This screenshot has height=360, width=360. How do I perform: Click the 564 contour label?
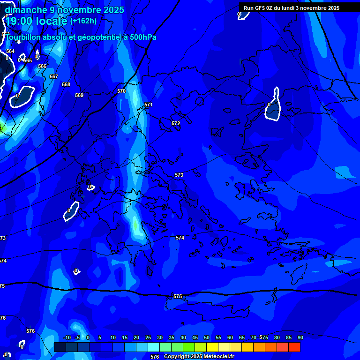point(10,51)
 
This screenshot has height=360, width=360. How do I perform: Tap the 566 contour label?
point(42,66)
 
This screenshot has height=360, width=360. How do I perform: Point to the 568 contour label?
point(66,84)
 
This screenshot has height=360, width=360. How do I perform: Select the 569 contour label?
point(79,95)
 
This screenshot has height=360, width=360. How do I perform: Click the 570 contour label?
point(121,91)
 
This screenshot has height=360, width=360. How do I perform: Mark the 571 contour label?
point(149,105)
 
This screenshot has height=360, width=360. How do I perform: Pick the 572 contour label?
point(176,123)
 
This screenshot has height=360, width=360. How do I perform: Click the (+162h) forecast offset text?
point(83,21)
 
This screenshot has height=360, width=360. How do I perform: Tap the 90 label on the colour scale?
point(300,337)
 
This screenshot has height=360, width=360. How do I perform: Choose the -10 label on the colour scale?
point(67,337)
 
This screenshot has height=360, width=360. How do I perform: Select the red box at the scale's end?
point(294,347)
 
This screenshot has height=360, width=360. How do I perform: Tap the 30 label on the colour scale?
point(159,337)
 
